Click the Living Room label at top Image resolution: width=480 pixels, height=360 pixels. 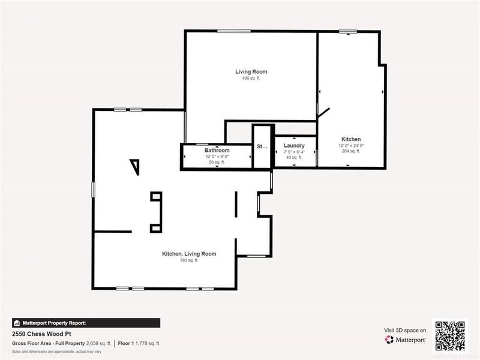(251, 72)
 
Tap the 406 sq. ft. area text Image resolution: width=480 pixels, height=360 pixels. (251, 79)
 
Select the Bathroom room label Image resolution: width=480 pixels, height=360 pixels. (217, 150)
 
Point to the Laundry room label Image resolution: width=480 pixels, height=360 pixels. (294, 146)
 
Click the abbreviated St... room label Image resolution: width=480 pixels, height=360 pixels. (262, 146)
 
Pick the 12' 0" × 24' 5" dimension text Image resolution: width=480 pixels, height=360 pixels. (351, 146)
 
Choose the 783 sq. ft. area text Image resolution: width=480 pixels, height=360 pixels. (189, 260)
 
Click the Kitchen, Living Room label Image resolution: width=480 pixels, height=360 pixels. (189, 254)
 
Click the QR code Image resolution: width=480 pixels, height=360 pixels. (450, 336)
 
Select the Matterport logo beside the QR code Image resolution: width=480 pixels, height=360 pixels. (406, 340)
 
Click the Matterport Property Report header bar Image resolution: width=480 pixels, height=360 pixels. (86, 322)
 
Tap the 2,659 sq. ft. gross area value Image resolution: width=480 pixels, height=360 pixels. (99, 343)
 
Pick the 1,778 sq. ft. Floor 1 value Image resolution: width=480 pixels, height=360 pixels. (146, 343)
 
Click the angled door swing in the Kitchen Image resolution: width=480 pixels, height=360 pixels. (324, 113)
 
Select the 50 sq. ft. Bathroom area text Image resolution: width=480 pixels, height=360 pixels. (217, 162)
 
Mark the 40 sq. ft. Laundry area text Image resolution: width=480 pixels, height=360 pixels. (294, 158)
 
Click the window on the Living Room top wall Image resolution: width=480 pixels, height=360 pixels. (234, 31)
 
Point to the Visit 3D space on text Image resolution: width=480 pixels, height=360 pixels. (405, 330)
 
